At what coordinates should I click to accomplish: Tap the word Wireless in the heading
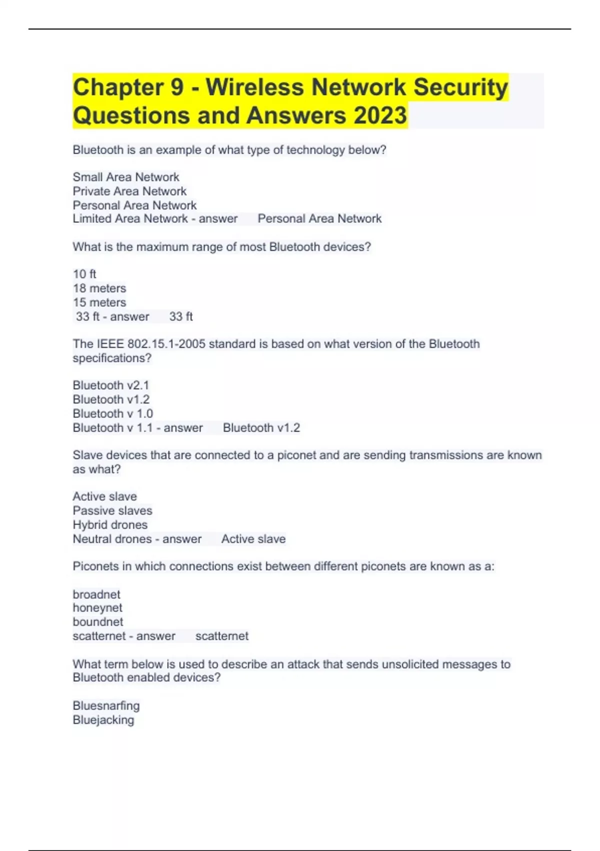[255, 87]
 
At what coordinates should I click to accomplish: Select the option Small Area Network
[125, 177]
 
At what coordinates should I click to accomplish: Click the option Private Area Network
[129, 191]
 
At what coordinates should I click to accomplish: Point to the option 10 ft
[84, 274]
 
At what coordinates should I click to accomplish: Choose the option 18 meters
[99, 288]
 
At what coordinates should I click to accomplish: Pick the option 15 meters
[99, 302]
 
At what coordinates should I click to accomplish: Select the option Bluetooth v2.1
[111, 385]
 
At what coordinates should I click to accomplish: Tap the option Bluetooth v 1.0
[113, 413]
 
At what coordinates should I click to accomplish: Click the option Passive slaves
[112, 511]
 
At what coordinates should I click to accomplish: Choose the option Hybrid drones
[110, 525]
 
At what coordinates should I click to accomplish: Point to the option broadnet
[96, 594]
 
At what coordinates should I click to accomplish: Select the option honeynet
[97, 608]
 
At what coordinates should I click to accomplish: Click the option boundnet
[98, 622]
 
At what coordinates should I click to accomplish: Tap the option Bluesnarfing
[106, 706]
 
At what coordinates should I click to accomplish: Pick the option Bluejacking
[103, 720]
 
